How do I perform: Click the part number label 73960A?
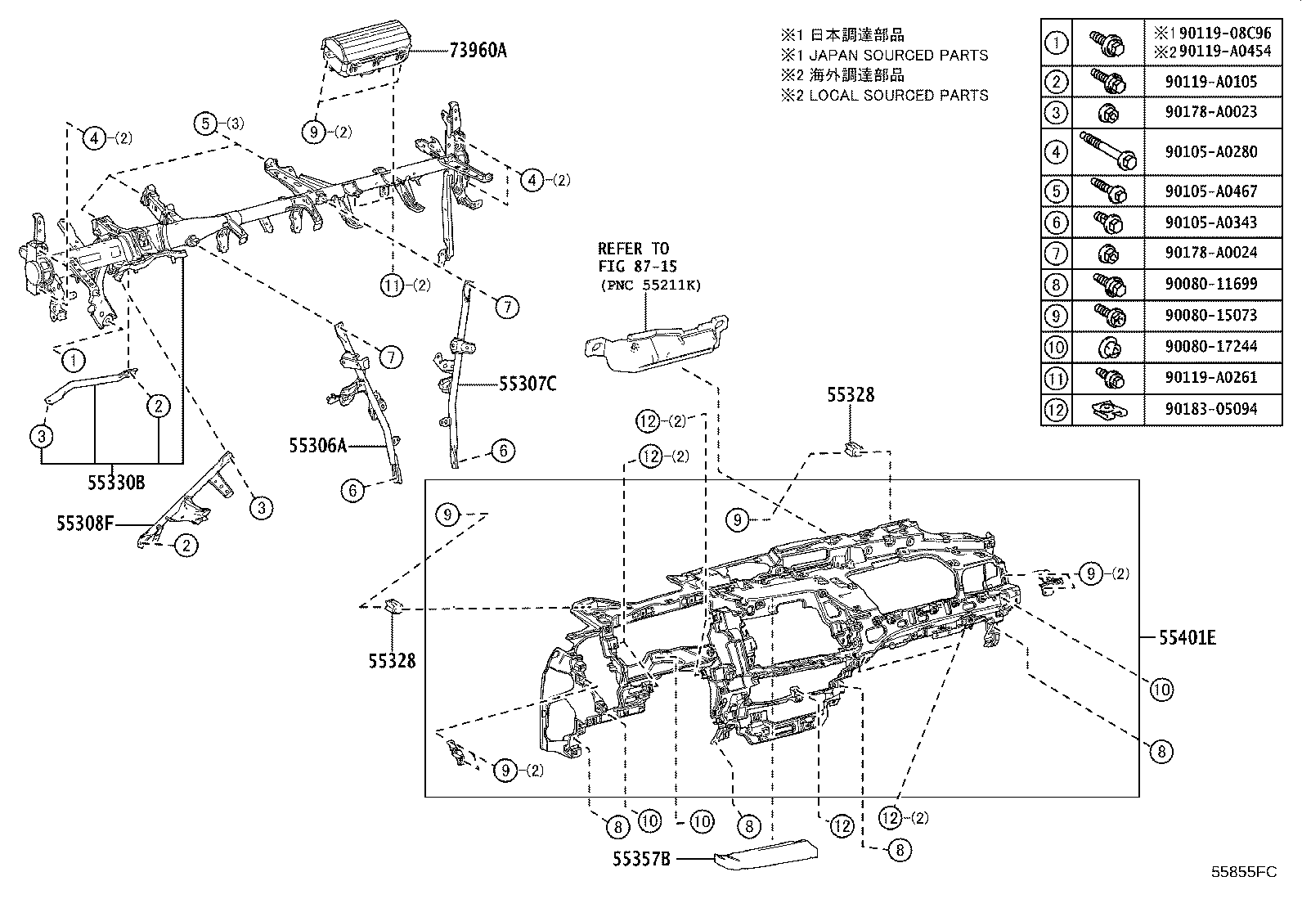click(477, 51)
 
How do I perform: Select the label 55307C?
click(527, 383)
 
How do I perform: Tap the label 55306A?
click(317, 446)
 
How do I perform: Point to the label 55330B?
click(116, 483)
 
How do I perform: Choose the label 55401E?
click(1186, 637)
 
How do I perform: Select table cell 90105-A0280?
click(1213, 151)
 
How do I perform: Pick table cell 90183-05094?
click(1213, 409)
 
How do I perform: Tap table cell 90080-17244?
click(1213, 346)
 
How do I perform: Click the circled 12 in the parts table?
click(1056, 409)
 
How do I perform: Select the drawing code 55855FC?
click(1243, 872)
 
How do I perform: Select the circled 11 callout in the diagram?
click(393, 285)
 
